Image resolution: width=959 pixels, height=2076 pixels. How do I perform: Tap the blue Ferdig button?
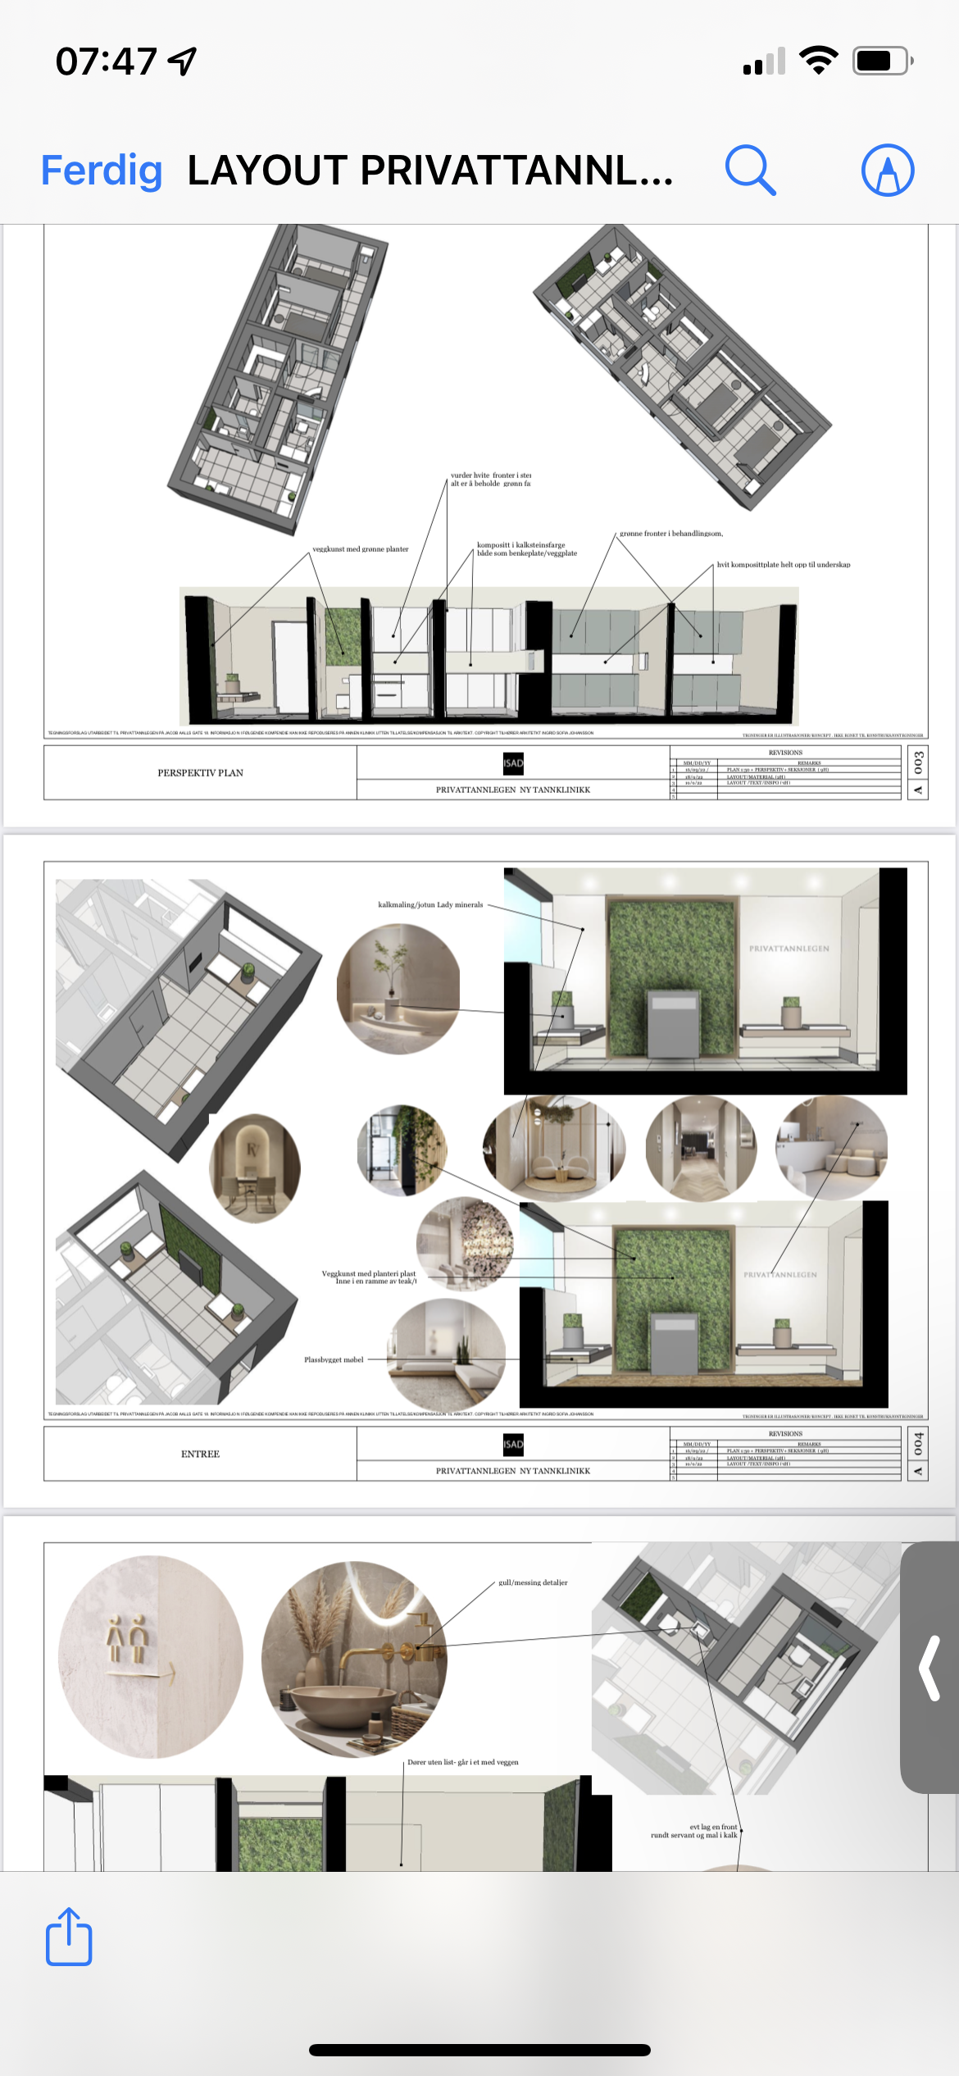point(102,171)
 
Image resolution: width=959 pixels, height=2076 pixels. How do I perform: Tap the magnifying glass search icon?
point(750,171)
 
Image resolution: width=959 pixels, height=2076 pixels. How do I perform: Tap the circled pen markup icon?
point(888,171)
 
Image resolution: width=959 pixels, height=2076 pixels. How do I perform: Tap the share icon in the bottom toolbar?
point(69,1937)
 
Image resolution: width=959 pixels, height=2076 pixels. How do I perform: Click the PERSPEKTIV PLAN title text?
point(200,772)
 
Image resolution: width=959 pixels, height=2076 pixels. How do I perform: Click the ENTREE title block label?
point(200,1454)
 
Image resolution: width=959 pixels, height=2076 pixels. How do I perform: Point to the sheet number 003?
point(918,763)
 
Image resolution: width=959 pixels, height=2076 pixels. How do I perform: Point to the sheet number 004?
point(918,1444)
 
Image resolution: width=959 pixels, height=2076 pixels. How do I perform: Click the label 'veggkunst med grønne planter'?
point(361,549)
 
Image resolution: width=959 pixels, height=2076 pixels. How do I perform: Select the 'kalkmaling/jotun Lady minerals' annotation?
point(430,905)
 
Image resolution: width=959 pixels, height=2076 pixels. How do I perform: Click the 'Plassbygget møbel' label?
point(334,1359)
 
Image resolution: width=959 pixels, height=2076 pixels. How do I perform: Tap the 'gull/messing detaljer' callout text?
point(533,1582)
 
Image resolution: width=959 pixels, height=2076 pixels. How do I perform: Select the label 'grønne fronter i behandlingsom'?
point(671,534)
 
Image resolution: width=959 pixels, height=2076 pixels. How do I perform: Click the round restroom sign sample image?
point(151,1656)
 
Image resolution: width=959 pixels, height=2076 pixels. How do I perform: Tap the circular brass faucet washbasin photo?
point(354,1659)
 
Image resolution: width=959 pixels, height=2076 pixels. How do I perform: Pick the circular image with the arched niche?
point(255,1168)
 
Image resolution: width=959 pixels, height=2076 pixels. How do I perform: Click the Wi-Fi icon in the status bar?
point(818,61)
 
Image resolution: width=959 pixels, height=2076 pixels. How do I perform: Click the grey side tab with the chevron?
point(929,1668)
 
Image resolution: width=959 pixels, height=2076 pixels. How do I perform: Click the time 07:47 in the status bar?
point(106,61)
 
